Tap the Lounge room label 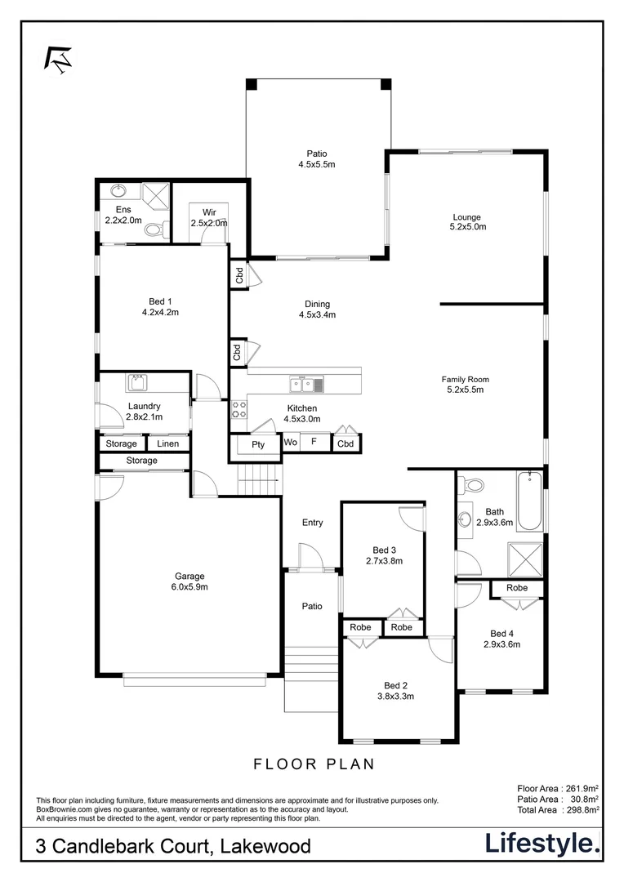click(467, 217)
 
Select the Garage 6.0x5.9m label click(188, 581)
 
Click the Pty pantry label click(258, 444)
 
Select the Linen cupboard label click(167, 443)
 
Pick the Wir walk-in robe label click(209, 212)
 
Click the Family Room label click(465, 379)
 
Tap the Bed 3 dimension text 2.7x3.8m click(383, 561)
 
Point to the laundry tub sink click(136, 383)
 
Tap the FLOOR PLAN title click(314, 764)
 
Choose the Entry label click(312, 523)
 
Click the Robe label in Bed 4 click(516, 588)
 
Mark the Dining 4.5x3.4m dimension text click(318, 314)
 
